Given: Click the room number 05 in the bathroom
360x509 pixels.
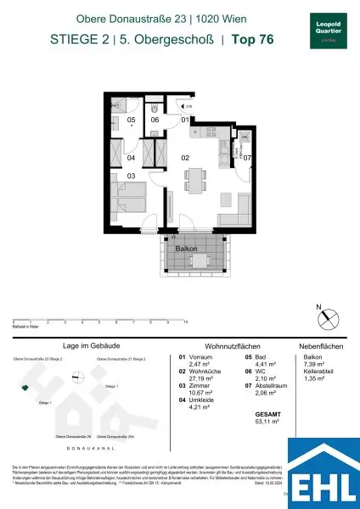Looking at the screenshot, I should (131, 120).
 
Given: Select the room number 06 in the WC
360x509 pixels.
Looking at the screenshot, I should (155, 120).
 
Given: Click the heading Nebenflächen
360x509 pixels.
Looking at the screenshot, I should (319, 347).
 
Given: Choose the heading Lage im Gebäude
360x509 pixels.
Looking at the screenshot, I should (83, 347).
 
